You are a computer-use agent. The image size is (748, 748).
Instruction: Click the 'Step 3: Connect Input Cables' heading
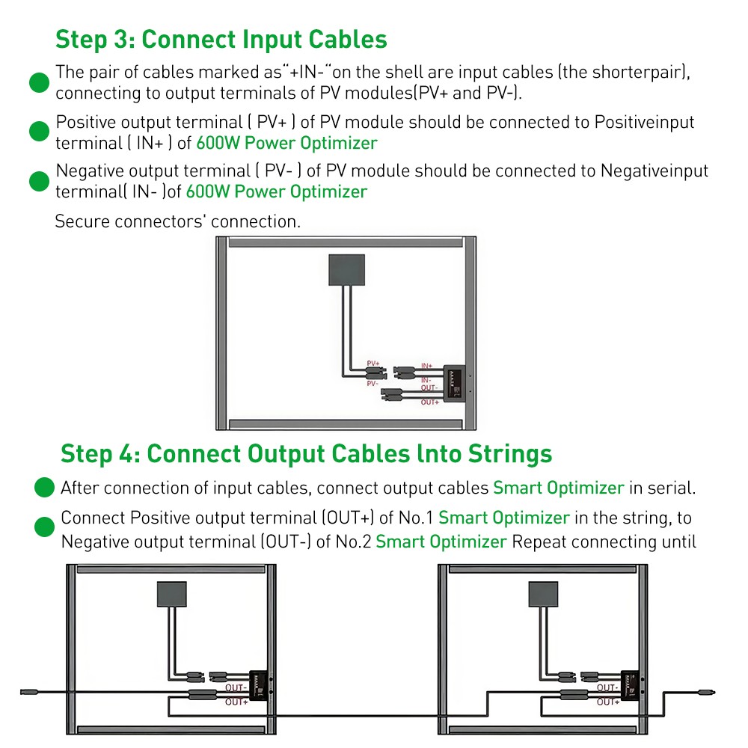click(221, 39)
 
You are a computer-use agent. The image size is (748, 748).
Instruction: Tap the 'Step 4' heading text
click(306, 453)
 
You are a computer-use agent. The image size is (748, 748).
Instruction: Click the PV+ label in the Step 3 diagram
click(373, 364)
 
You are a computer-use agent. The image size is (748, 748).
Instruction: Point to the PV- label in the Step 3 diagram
click(373, 383)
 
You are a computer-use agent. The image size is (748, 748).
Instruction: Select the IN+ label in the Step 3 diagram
click(426, 366)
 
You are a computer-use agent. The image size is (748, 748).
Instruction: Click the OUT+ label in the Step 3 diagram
click(429, 402)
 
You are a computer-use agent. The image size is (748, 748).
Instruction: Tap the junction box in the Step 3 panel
click(347, 269)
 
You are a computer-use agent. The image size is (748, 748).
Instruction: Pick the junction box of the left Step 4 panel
click(171, 595)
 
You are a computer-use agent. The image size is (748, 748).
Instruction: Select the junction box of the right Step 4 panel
click(543, 595)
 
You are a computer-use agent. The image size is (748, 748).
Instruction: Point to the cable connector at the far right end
click(707, 691)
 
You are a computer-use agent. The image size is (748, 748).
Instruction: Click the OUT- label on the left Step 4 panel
click(236, 687)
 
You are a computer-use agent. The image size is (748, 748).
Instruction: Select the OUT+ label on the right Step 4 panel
click(607, 702)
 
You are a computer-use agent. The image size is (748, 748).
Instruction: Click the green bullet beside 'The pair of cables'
click(39, 82)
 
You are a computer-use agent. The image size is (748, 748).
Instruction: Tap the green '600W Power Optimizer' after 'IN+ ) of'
click(281, 143)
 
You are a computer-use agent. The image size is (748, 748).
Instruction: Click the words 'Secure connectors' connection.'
click(177, 221)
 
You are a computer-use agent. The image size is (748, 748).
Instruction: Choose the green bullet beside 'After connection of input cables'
click(45, 488)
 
